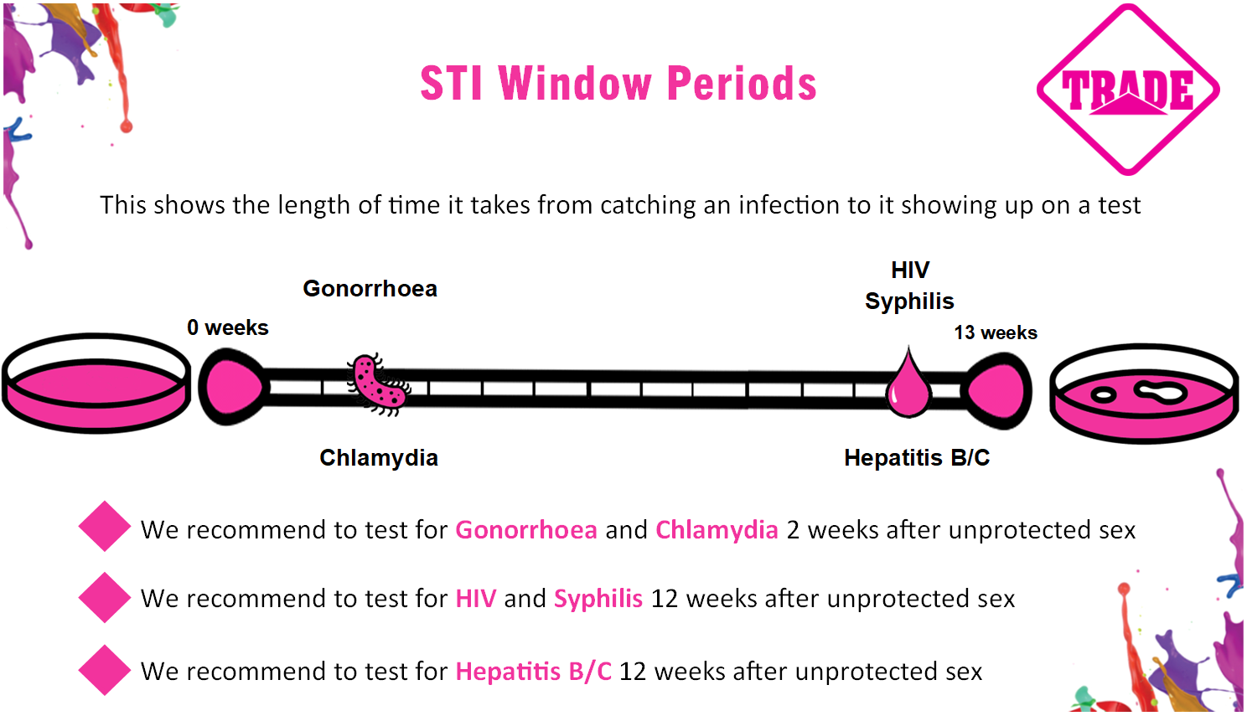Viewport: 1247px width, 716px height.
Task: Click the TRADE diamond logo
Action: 1128,90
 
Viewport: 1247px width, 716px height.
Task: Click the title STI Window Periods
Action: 618,84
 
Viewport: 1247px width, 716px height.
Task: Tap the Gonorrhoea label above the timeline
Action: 370,289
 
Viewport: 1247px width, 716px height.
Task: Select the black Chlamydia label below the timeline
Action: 379,458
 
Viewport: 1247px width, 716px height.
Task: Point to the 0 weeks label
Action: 228,327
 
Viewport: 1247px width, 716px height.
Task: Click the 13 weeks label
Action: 996,332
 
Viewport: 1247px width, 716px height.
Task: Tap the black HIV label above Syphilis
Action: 910,270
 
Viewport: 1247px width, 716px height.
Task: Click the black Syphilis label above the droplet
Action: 909,301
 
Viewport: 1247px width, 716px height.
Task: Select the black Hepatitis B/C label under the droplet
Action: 917,458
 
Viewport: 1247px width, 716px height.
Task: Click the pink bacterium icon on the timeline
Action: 379,384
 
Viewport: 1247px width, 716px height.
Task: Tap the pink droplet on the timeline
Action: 908,383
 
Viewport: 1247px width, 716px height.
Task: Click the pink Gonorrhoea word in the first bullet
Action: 526,530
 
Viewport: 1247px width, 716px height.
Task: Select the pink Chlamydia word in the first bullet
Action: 717,530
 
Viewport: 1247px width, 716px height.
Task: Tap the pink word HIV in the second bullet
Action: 475,599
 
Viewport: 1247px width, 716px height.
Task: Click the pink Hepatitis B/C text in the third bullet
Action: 533,672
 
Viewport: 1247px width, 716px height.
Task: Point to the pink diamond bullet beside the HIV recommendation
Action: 105,597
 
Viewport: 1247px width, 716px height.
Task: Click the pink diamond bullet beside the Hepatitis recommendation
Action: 105,670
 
